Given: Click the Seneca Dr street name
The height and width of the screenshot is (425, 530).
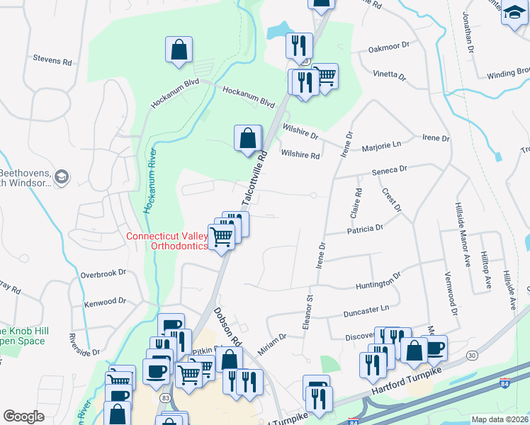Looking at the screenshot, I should pyautogui.click(x=390, y=170).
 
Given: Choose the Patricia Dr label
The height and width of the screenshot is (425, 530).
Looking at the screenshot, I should pyautogui.click(x=365, y=229).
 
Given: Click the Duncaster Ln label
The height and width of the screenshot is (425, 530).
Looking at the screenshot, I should pyautogui.click(x=366, y=310).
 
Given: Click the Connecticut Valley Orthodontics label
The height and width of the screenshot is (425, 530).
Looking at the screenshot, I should pyautogui.click(x=167, y=241).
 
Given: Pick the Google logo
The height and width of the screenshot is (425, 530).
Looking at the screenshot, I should pyautogui.click(x=23, y=416).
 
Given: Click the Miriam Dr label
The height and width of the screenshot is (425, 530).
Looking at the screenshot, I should pyautogui.click(x=272, y=339).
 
